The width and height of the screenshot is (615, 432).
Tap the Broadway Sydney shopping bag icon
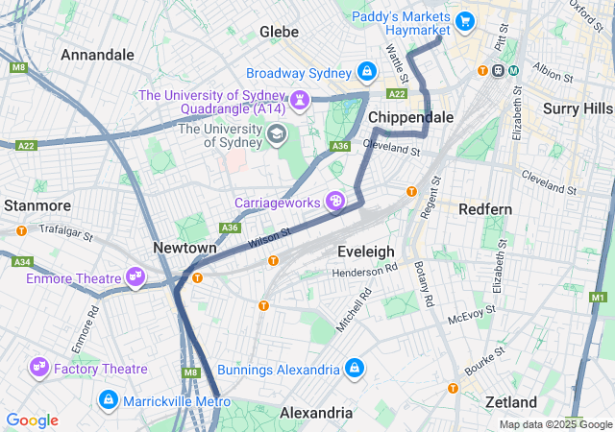click(x=366, y=72)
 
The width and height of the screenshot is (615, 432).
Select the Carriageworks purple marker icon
click(x=335, y=201)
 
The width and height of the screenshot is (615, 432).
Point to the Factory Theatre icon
click(x=39, y=367)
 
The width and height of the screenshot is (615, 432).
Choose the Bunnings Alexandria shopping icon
click(x=355, y=369)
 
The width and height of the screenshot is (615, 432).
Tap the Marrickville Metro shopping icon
click(x=109, y=398)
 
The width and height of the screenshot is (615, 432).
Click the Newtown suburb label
click(x=184, y=248)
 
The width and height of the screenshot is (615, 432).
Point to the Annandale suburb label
click(x=97, y=55)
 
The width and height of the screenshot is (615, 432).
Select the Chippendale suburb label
click(x=411, y=117)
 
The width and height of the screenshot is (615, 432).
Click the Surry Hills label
click(x=577, y=108)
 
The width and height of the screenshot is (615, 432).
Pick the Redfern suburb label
click(x=485, y=208)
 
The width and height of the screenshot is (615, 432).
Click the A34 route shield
click(x=22, y=262)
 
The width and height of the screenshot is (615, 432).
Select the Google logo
click(x=32, y=420)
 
